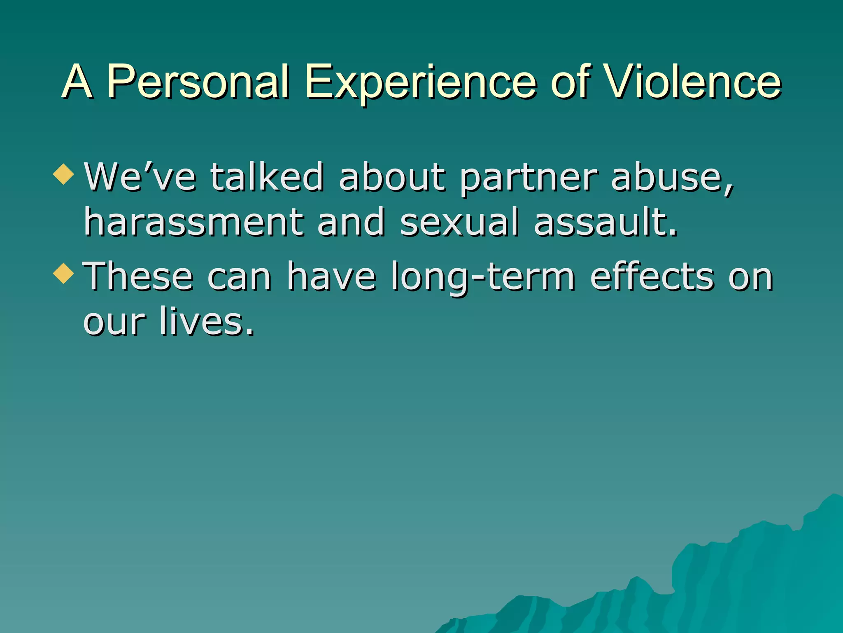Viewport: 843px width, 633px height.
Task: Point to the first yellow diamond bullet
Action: tap(64, 174)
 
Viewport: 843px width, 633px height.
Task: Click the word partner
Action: tap(528, 178)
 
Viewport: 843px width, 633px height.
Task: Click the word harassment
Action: tap(194, 222)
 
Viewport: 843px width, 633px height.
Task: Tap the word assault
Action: tap(605, 222)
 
